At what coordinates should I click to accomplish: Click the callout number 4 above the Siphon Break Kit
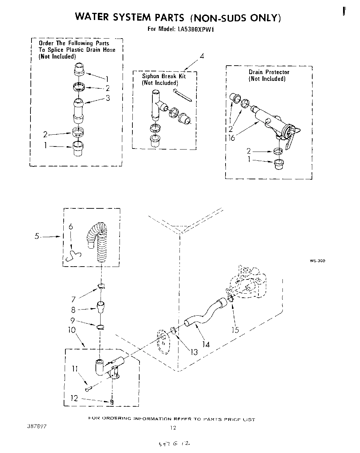click(202, 56)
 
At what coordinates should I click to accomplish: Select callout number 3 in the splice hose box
click(108, 98)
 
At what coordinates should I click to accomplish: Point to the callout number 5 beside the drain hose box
click(37, 236)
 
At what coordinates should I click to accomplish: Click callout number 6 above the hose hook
click(71, 227)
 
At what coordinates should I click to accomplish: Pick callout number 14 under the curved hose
click(206, 344)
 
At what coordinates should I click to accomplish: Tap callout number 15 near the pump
click(235, 330)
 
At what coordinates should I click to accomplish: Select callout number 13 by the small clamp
click(194, 352)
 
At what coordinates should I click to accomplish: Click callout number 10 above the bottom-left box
click(72, 330)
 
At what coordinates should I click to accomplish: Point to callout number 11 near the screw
click(75, 368)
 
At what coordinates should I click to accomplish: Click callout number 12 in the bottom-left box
click(74, 398)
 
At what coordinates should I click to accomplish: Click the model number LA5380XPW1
click(196, 29)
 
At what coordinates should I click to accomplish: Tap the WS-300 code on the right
click(317, 261)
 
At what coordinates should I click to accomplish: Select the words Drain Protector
click(269, 72)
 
